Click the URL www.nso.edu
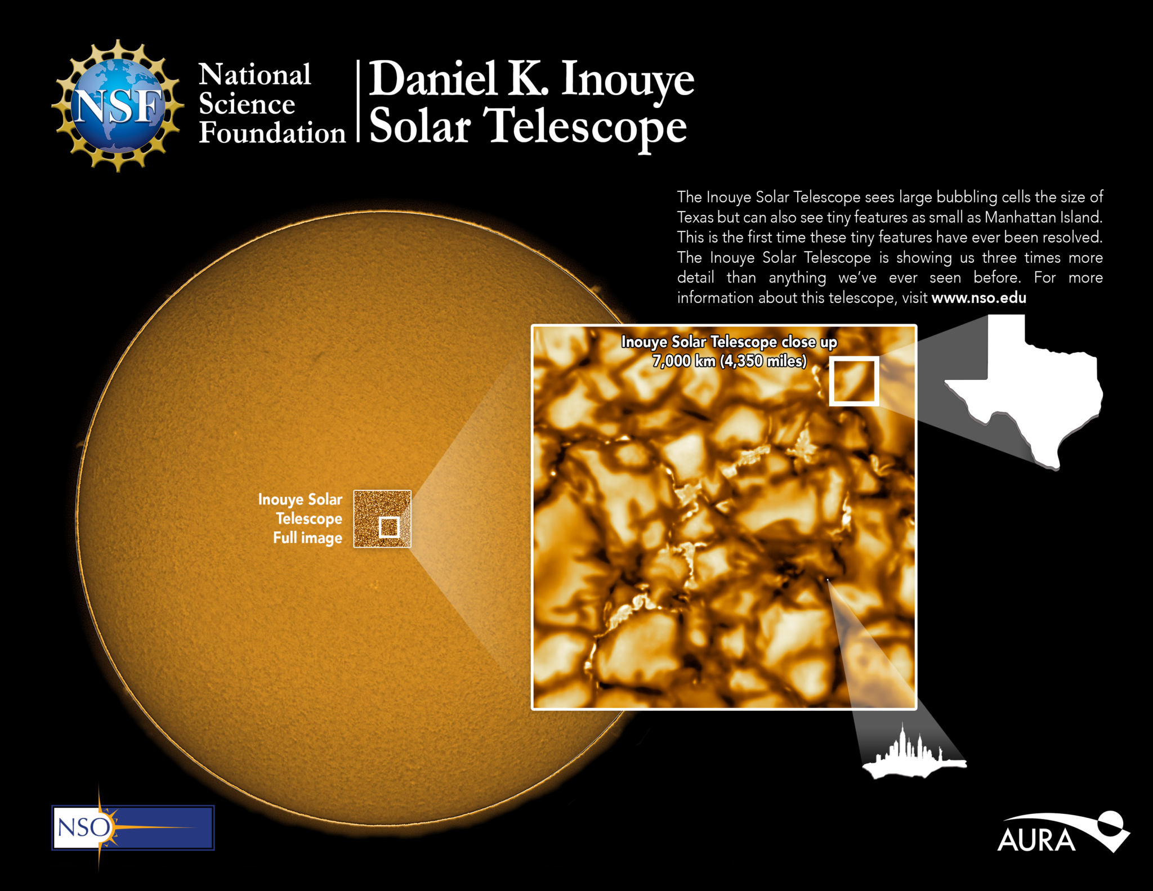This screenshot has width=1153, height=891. click(978, 298)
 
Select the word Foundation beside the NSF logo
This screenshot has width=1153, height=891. click(272, 133)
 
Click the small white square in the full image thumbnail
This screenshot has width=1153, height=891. click(389, 527)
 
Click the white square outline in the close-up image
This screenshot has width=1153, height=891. click(853, 382)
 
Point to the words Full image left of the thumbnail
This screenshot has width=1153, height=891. click(307, 538)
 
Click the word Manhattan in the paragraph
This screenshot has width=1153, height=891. click(1020, 217)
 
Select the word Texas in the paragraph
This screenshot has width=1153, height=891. click(695, 217)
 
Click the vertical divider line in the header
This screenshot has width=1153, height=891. click(358, 101)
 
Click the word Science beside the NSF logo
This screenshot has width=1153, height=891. click(247, 105)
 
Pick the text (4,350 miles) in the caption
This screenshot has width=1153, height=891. click(763, 361)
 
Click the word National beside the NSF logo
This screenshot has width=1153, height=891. click(254, 75)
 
